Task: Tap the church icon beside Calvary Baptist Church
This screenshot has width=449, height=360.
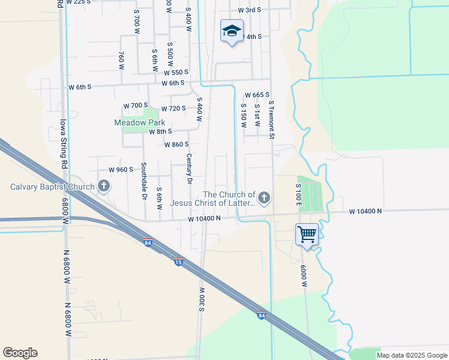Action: (x=104, y=186)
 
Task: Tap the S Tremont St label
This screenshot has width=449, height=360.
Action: (x=271, y=120)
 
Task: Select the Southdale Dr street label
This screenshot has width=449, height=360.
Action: (x=144, y=180)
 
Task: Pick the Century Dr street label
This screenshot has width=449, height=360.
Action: (x=189, y=169)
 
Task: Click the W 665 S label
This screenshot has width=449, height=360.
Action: (x=257, y=95)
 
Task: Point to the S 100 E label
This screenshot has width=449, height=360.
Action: (x=298, y=196)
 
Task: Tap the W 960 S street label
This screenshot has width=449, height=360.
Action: (x=120, y=170)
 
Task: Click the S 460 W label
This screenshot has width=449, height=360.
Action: (x=199, y=110)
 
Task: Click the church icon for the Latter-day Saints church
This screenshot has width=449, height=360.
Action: (x=264, y=197)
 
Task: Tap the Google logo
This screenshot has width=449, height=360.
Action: (x=20, y=353)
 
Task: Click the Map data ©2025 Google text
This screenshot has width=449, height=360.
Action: (x=411, y=355)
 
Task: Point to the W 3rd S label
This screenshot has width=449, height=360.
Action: (x=249, y=10)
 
